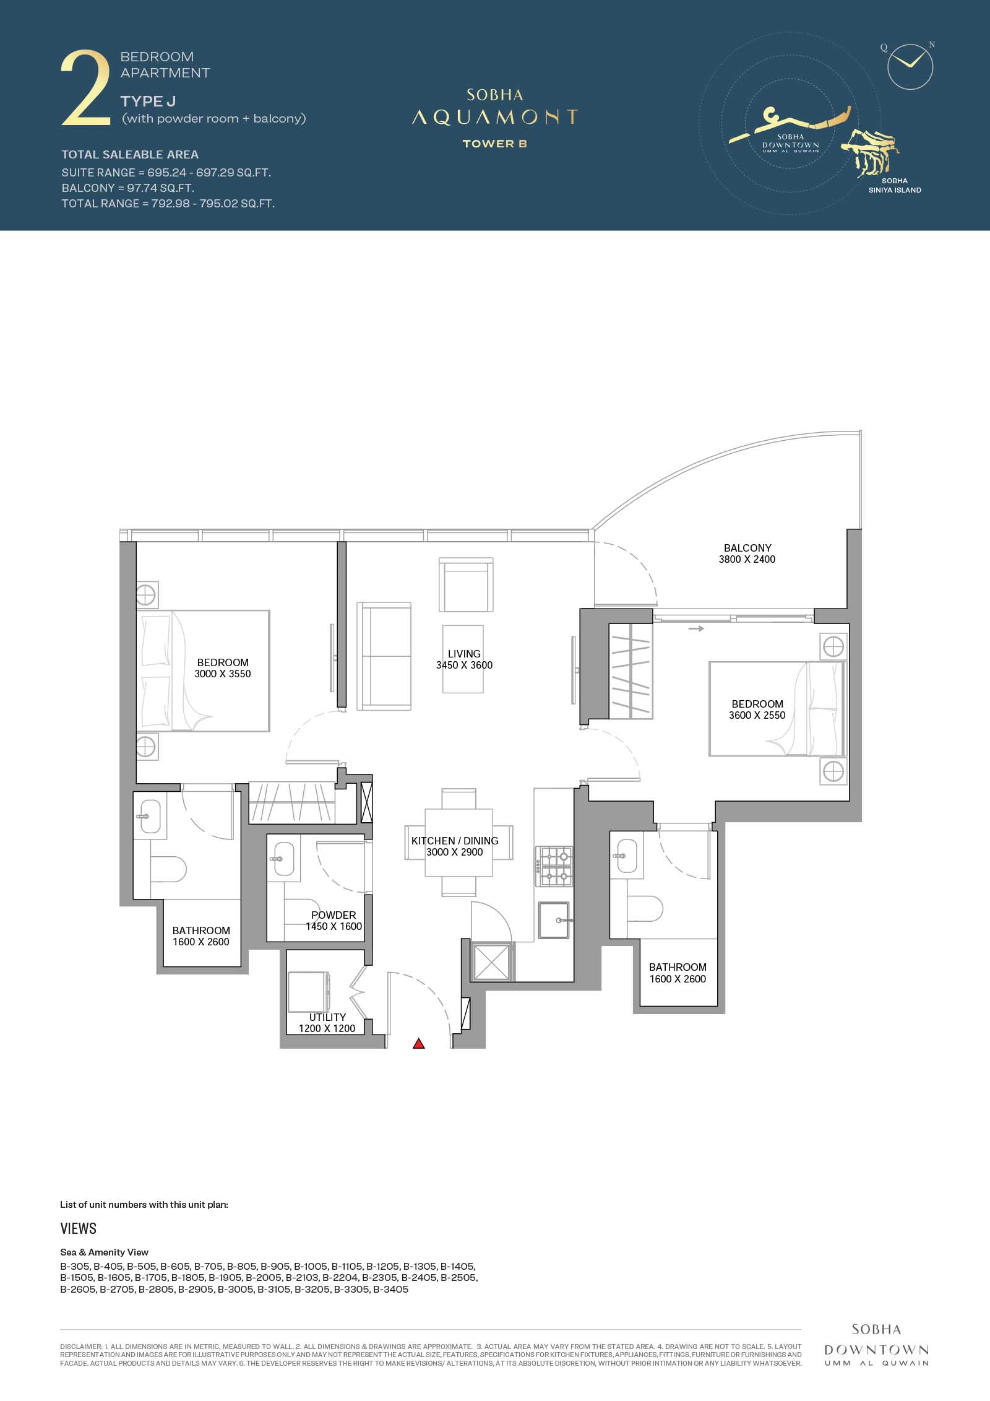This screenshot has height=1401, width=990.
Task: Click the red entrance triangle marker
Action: pyautogui.click(x=419, y=1044)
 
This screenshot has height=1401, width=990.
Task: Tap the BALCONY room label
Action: pyautogui.click(x=747, y=548)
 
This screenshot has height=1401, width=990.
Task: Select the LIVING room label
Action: pyautogui.click(x=464, y=654)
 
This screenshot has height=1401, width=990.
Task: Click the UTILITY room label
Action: pyautogui.click(x=327, y=1017)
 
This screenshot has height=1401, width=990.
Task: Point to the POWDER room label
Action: pyautogui.click(x=334, y=915)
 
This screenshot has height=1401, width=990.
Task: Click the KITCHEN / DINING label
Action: pyautogui.click(x=455, y=841)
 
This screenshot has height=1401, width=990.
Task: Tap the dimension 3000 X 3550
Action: pyautogui.click(x=223, y=674)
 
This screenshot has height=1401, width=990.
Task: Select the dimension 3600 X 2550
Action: pyautogui.click(x=757, y=715)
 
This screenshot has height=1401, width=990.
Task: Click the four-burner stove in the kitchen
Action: pyautogui.click(x=555, y=867)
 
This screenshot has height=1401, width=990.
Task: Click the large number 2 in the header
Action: pyautogui.click(x=85, y=90)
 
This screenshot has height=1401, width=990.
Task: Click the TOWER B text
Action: pyautogui.click(x=495, y=144)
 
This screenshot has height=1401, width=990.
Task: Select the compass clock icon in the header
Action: pyautogui.click(x=910, y=67)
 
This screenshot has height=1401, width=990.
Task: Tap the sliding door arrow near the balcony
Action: pyautogui.click(x=697, y=629)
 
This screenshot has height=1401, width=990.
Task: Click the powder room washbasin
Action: pyautogui.click(x=284, y=859)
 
